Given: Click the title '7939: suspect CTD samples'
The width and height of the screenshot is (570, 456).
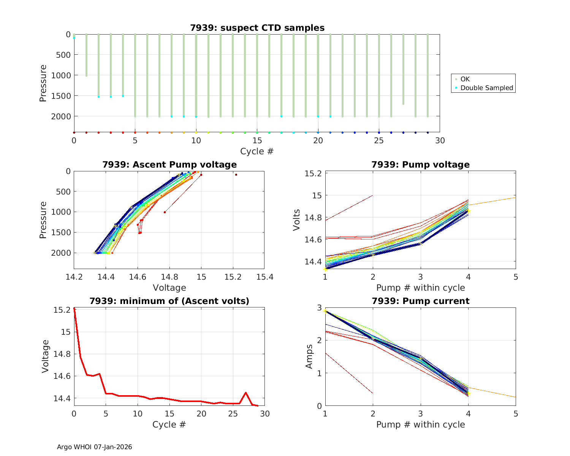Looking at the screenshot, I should click(x=257, y=28).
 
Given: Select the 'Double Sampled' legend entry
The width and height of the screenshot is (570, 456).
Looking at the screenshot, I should click(x=486, y=88).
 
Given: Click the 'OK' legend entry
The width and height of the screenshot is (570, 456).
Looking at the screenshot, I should click(x=465, y=79).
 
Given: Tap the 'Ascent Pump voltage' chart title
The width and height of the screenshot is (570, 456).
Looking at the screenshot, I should click(x=169, y=165).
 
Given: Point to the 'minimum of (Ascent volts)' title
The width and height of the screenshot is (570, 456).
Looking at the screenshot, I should click(x=169, y=301).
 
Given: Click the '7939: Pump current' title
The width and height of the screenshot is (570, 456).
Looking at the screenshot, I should click(x=420, y=301).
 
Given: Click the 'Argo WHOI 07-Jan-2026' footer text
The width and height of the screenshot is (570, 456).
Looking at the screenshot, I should click(x=94, y=447).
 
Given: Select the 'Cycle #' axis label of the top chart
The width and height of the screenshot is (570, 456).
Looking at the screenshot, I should click(x=257, y=151).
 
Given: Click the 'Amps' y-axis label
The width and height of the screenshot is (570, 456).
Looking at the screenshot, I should click(x=309, y=356).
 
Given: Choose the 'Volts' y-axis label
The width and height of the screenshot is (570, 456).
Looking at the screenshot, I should click(x=297, y=220).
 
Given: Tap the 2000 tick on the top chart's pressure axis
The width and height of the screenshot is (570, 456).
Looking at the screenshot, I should click(x=61, y=116).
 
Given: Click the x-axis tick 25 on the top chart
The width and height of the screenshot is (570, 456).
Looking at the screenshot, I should click(x=379, y=141).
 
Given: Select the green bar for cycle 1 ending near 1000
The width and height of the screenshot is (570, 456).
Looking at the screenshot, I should click(x=86, y=55).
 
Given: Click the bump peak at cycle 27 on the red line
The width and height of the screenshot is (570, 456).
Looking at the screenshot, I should click(x=246, y=393).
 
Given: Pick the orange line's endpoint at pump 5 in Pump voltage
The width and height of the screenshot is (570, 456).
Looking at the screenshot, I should click(x=515, y=197).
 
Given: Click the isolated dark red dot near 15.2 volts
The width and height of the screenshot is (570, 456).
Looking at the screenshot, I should click(x=236, y=175).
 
